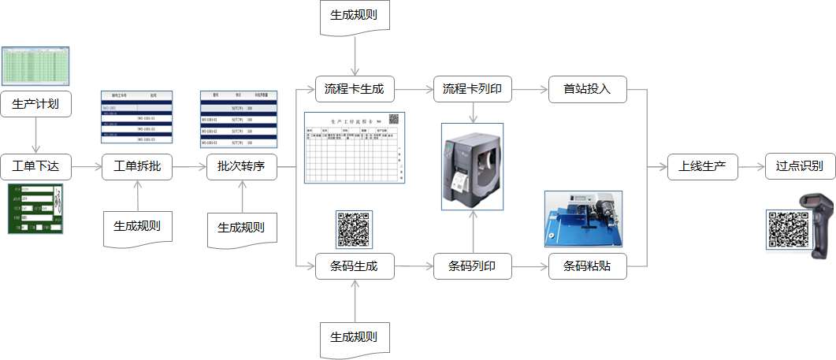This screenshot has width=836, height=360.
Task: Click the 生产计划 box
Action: [35, 103]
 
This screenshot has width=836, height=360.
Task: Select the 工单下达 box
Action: [35, 167]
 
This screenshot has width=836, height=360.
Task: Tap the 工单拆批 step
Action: [137, 167]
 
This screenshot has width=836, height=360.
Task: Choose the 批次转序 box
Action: [241, 167]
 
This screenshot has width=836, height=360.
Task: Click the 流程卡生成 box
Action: [354, 90]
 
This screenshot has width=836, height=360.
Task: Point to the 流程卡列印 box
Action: [472, 90]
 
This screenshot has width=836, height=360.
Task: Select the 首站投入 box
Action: [587, 90]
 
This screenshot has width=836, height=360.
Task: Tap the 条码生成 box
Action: [354, 266]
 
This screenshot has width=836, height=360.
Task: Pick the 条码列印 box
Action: [472, 266]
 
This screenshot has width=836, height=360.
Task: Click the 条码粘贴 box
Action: [587, 266]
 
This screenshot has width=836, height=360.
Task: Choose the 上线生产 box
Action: [702, 167]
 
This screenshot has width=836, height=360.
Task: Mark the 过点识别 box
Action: [799, 167]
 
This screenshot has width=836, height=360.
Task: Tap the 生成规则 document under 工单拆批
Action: [137, 228]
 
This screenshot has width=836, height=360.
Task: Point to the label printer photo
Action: [471, 167]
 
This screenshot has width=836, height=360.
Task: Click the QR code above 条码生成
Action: [354, 229]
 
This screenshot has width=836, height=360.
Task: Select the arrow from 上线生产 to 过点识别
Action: [751, 167]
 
